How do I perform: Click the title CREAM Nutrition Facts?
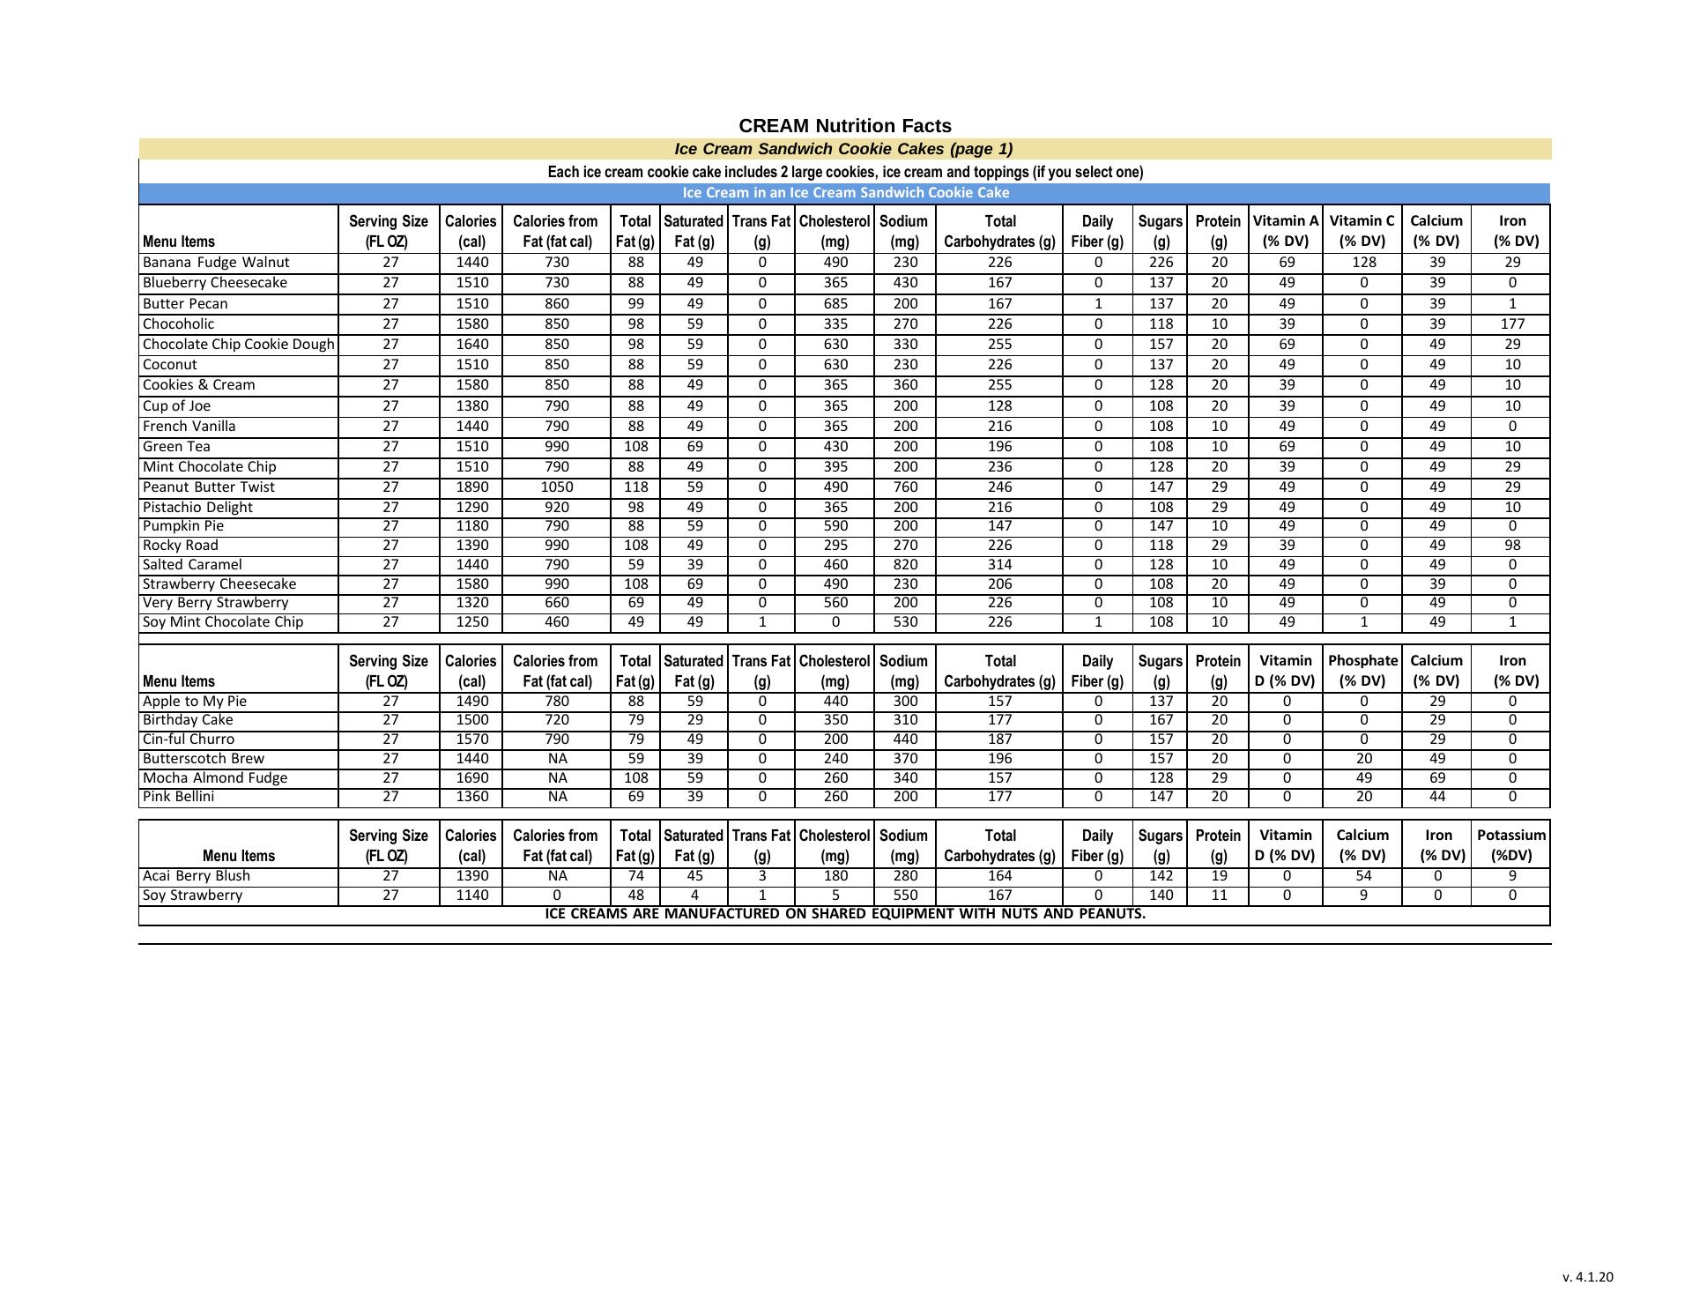coord(844,126)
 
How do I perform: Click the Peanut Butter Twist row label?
coord(209,487)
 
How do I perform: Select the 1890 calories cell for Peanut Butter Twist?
coord(471,487)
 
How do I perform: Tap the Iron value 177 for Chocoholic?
coord(1511,324)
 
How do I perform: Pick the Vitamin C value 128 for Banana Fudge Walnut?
coord(1362,263)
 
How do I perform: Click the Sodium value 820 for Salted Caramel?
coord(904,565)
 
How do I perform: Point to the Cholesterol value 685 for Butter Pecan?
coord(835,304)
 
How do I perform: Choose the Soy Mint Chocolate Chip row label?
coord(223,622)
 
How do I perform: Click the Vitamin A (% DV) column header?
coord(1286,231)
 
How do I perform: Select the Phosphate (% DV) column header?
coord(1362,671)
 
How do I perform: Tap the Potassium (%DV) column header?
coord(1511,845)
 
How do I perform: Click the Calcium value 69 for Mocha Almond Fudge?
coord(1436,778)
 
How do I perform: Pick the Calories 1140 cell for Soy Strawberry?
coord(471,896)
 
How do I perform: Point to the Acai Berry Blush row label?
coord(197,876)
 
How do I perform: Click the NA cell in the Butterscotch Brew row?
coord(557,759)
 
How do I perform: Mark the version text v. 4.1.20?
coord(1587,1277)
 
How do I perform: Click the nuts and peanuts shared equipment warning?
coord(845,914)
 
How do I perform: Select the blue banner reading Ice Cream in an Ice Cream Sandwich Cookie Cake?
coord(845,193)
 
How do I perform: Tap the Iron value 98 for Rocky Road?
coord(1511,546)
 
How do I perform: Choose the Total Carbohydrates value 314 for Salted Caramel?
coord(999,565)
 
